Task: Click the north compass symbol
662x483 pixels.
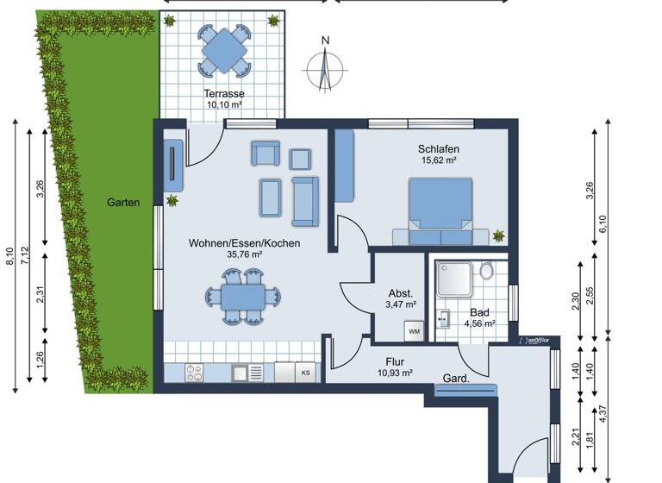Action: point(325,66)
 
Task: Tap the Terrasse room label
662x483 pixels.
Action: point(224,93)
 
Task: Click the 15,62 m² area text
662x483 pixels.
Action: point(437,160)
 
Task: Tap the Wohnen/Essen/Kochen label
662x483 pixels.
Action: point(244,244)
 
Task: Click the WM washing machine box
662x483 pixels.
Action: point(414,331)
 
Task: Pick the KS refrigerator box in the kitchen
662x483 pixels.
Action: point(304,373)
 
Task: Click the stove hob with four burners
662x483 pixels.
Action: point(195,373)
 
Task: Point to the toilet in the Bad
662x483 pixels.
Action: point(486,273)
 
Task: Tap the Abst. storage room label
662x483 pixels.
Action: point(402,292)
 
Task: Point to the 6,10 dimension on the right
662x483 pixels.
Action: point(603,224)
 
